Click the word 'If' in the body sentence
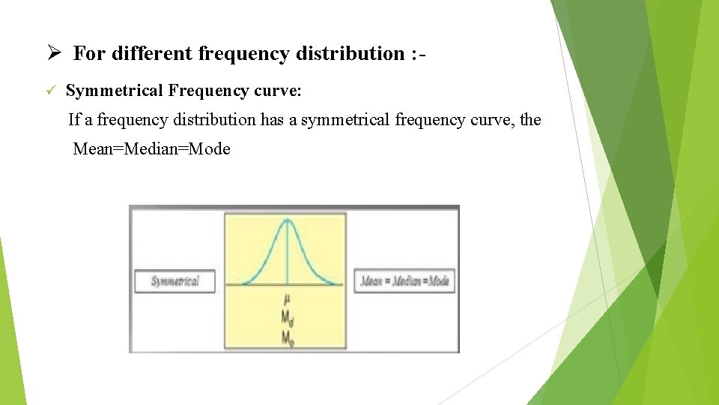[x=74, y=119]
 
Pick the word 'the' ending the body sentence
[x=530, y=119]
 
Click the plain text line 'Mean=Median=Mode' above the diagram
[x=151, y=148]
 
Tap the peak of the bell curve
[x=286, y=220]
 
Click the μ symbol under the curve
[x=286, y=298]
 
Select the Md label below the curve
[x=287, y=317]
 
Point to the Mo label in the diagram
[x=287, y=337]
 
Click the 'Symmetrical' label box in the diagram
[x=175, y=281]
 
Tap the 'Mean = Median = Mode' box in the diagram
[x=404, y=281]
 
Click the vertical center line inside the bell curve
[x=286, y=255]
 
